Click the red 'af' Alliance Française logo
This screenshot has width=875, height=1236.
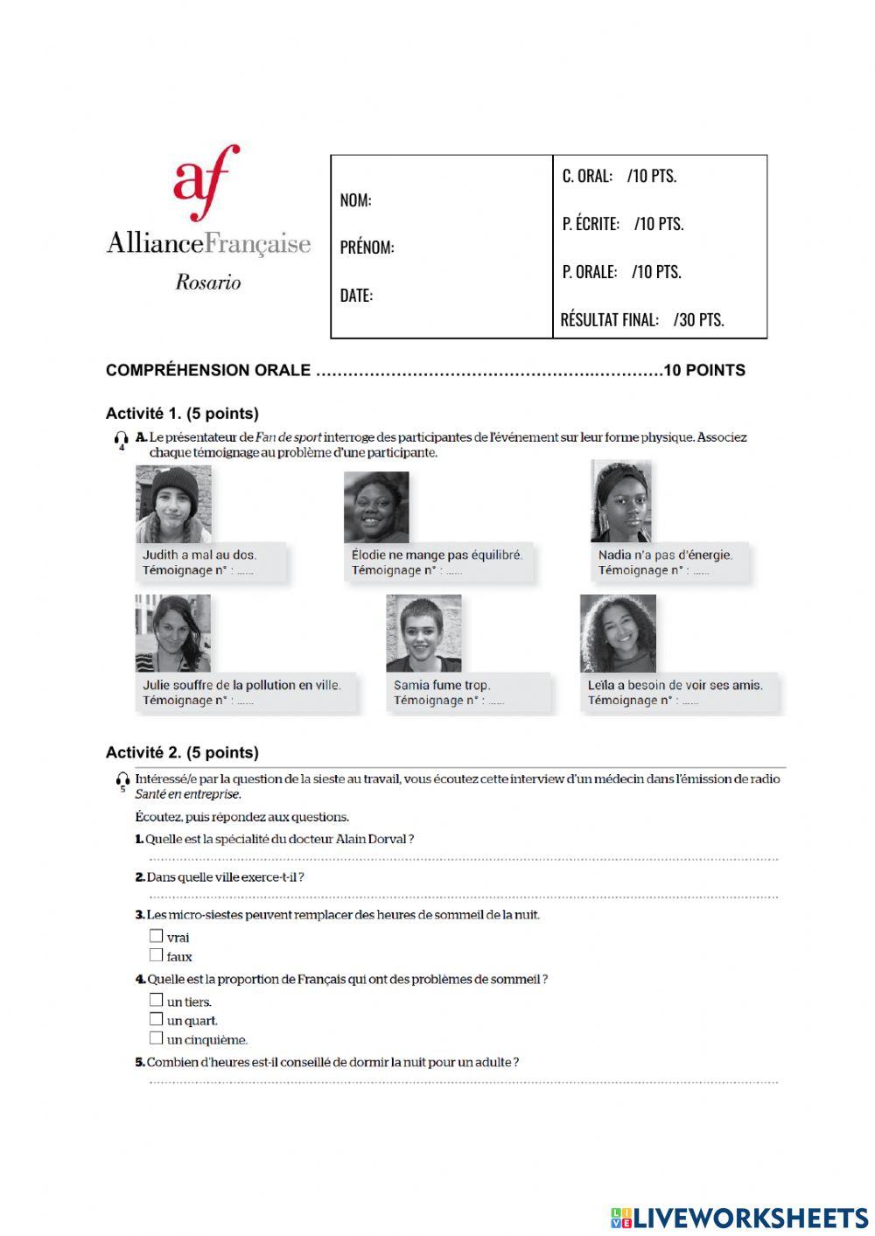(x=206, y=182)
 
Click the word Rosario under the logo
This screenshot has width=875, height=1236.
(x=208, y=283)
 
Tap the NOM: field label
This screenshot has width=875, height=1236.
(x=355, y=200)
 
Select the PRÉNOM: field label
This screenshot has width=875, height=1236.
(x=367, y=248)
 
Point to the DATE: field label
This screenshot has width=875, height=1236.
(x=356, y=296)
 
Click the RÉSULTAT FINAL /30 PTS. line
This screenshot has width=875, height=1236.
(x=642, y=319)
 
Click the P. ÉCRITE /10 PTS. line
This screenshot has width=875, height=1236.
(x=623, y=224)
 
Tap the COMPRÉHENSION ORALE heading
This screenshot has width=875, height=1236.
(x=208, y=370)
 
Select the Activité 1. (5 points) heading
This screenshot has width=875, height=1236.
(x=182, y=414)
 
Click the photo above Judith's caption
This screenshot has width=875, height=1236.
(x=173, y=504)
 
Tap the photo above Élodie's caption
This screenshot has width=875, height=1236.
(x=376, y=506)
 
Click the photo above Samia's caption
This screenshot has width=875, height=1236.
(x=423, y=633)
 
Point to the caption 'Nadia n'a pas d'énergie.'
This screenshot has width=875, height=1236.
(x=665, y=555)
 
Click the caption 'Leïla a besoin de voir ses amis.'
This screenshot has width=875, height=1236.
(x=675, y=685)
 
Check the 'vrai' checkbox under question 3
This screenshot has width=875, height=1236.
(x=156, y=936)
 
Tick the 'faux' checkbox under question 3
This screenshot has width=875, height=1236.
(x=156, y=955)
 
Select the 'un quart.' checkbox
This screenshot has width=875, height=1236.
(x=156, y=1019)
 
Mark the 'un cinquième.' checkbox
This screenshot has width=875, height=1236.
(x=156, y=1038)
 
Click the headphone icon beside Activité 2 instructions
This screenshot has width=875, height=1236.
(x=122, y=780)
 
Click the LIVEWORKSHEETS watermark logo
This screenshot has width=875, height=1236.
(x=739, y=1217)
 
